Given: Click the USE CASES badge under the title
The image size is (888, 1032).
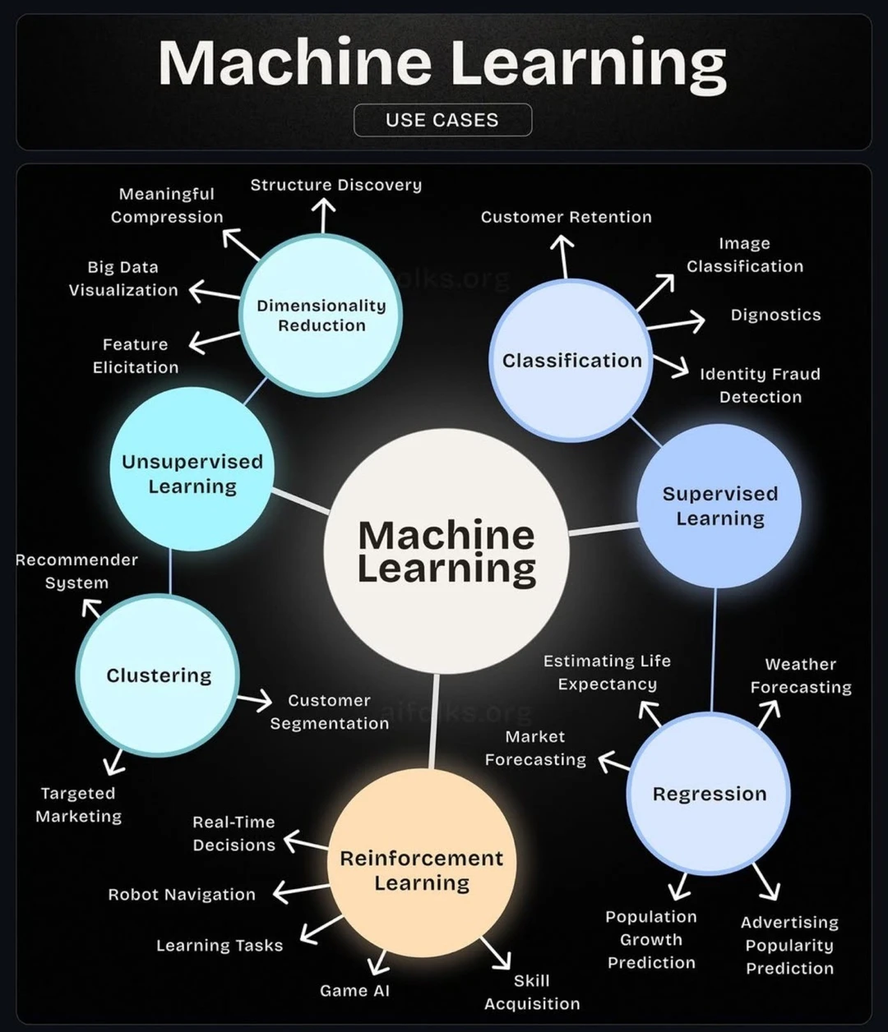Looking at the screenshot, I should pos(442,120).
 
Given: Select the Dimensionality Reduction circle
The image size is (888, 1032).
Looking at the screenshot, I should pos(321,316).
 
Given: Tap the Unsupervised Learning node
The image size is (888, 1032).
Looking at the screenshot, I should pos(192,472).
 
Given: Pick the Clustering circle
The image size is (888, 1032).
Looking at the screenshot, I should pos(158,675).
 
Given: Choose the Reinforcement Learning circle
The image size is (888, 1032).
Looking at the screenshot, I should pos(422,869).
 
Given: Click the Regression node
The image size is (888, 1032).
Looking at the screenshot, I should pos(709,795).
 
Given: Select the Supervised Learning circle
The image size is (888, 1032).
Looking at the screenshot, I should pos(719,505).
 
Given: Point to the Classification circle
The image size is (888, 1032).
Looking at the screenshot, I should pos(571,361).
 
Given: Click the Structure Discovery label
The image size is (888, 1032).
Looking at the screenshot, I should pos(335,185).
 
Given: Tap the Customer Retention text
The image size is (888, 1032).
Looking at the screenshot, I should pos(566,217).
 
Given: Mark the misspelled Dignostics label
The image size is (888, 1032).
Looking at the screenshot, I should pos(775,315).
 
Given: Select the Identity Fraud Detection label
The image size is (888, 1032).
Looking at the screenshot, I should pos(760,385).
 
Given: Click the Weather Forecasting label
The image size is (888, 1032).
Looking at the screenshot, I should pos(800,675).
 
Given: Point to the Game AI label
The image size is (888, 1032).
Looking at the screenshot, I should pos(354,990).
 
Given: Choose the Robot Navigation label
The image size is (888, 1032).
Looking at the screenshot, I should pos(182,895).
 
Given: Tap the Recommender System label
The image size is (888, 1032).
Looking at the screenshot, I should pos(76,571).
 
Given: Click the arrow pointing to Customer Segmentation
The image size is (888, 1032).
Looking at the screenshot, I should pos(255,700).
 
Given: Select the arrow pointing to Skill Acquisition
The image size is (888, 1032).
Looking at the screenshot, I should pos(496,953).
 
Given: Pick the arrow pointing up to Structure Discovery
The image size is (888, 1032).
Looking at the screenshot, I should pos(323,214).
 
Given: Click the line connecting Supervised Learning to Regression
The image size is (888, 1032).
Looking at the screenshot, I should pos(714,649).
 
